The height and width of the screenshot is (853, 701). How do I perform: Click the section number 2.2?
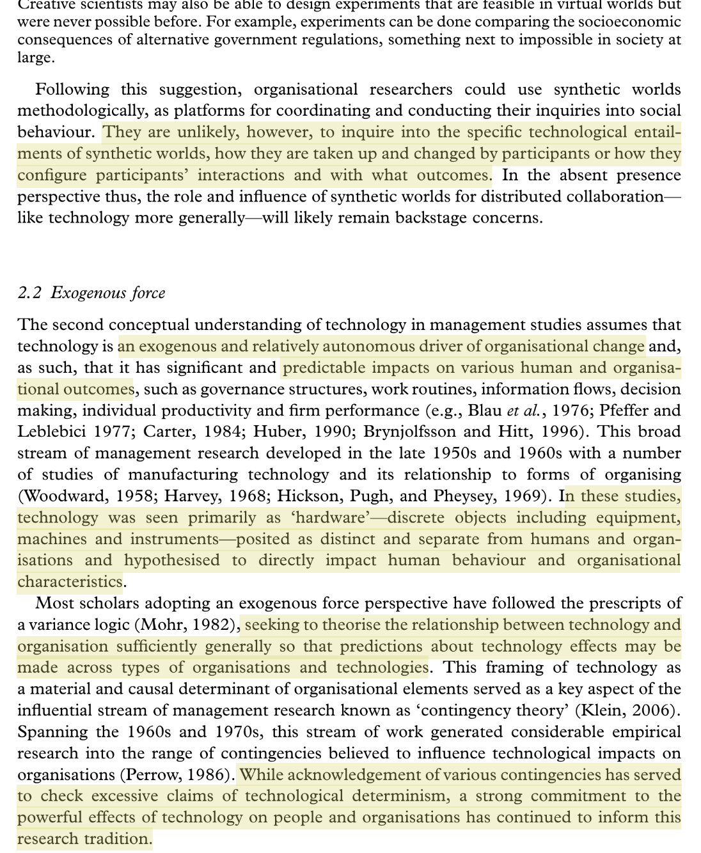tap(30, 293)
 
